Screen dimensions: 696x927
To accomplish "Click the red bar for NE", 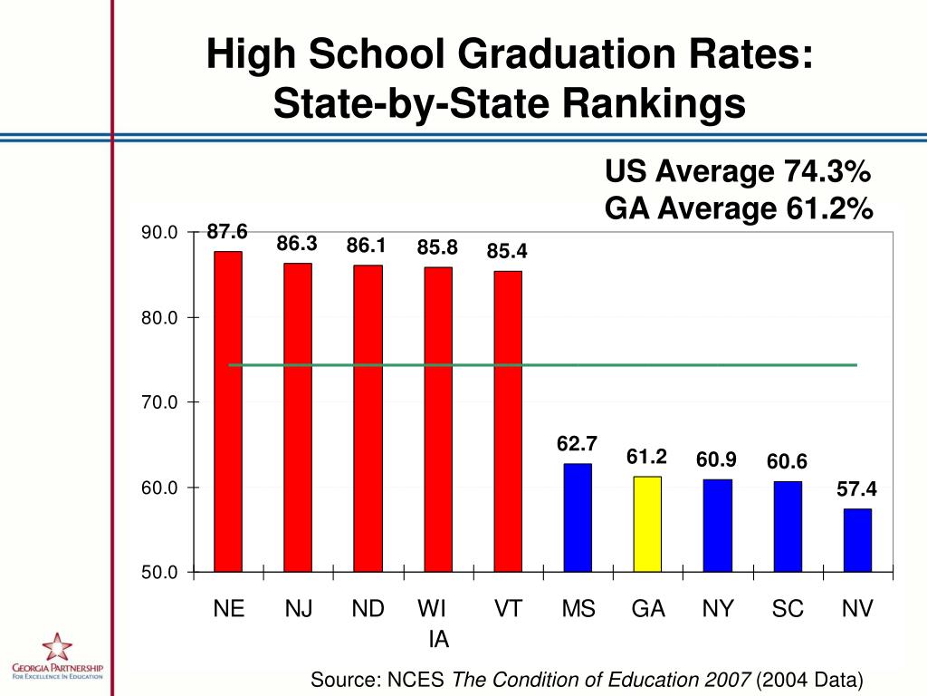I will [228, 411].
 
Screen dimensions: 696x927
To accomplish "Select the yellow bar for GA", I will [647, 524].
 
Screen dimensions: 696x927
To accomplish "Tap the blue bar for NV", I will [857, 540].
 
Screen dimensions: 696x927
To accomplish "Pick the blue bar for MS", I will [578, 517].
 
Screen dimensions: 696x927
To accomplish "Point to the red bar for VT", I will [508, 421].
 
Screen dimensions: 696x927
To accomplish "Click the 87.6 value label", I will [227, 232].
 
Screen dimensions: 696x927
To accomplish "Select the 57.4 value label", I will [856, 490].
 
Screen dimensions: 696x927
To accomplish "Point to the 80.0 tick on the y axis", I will [159, 318].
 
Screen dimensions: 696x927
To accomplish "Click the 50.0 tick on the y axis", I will [159, 573].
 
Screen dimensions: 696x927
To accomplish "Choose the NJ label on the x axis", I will [299, 609].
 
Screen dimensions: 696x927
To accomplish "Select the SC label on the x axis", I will [788, 609].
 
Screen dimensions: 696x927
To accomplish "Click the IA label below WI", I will [439, 640].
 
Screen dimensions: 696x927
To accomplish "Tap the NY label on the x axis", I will [718, 609].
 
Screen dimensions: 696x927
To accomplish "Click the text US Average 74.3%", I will [738, 170].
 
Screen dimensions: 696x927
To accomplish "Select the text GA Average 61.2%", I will [738, 209].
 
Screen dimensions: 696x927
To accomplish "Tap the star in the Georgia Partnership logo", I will [56, 648].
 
